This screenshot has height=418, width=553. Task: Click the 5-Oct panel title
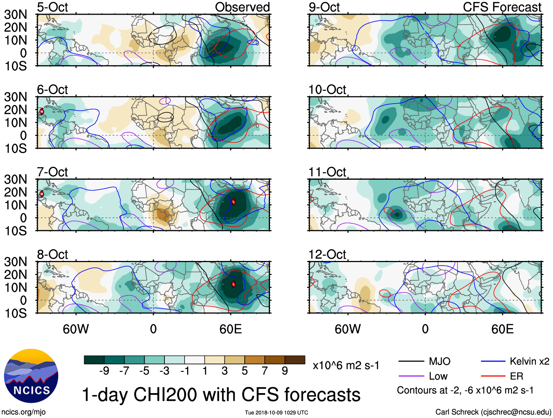click(x=52, y=7)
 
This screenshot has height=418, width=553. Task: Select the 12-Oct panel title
click(x=327, y=254)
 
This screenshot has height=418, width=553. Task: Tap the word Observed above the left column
click(x=242, y=7)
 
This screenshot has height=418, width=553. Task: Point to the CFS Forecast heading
click(x=502, y=7)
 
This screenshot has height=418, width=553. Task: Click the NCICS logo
click(x=31, y=376)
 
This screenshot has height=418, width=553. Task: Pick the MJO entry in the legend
click(x=439, y=362)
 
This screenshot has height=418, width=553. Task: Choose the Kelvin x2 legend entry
click(x=529, y=362)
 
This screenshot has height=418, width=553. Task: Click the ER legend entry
click(x=516, y=376)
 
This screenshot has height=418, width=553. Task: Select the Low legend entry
click(x=438, y=376)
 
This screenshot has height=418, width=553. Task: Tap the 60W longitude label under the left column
click(x=76, y=329)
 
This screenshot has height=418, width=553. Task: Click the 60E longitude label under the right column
click(x=502, y=329)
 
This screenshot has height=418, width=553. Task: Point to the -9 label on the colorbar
click(x=104, y=371)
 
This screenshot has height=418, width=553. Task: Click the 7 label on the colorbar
click(x=265, y=371)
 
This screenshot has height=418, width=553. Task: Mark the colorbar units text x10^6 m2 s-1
click(x=346, y=365)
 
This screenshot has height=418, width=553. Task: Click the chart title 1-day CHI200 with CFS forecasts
click(x=221, y=395)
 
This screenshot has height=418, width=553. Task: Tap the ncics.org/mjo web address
click(x=23, y=412)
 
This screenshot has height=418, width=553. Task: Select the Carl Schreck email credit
click(x=493, y=412)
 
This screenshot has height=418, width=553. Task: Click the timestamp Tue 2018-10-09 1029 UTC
click(x=276, y=413)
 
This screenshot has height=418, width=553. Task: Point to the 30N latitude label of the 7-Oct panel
click(x=15, y=179)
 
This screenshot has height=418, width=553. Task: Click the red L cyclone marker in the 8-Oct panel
click(x=233, y=284)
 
